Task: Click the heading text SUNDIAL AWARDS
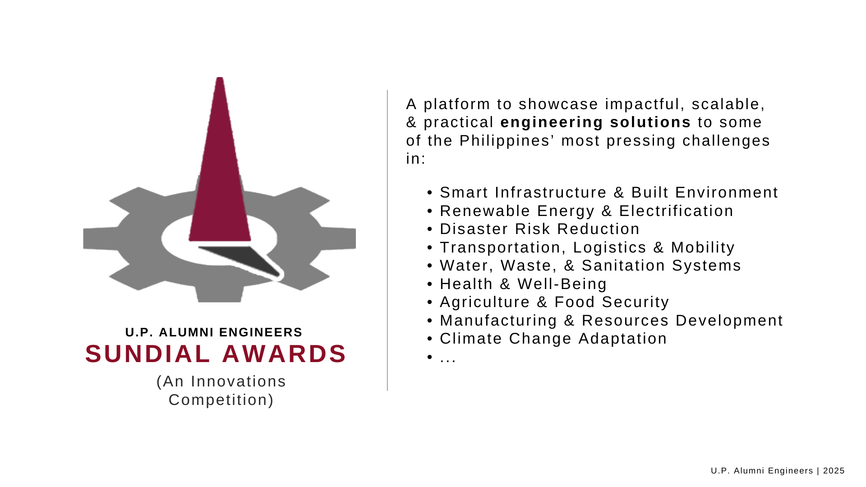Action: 216,354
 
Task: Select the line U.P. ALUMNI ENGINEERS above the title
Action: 214,332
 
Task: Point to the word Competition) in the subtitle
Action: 221,400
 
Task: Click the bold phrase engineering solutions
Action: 595,122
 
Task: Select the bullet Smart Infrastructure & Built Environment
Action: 609,193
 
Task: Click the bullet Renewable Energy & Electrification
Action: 586,211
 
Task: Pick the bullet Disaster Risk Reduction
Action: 539,229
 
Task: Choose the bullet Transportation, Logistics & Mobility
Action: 587,248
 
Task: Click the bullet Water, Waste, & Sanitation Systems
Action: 590,266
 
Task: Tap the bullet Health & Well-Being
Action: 523,284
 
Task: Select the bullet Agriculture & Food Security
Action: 554,302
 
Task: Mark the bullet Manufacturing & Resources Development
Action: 611,321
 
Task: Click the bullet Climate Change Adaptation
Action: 553,339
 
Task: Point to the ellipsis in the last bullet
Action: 448,360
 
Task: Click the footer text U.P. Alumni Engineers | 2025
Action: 778,471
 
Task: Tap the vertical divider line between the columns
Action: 387,240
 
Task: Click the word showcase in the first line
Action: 558,104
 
